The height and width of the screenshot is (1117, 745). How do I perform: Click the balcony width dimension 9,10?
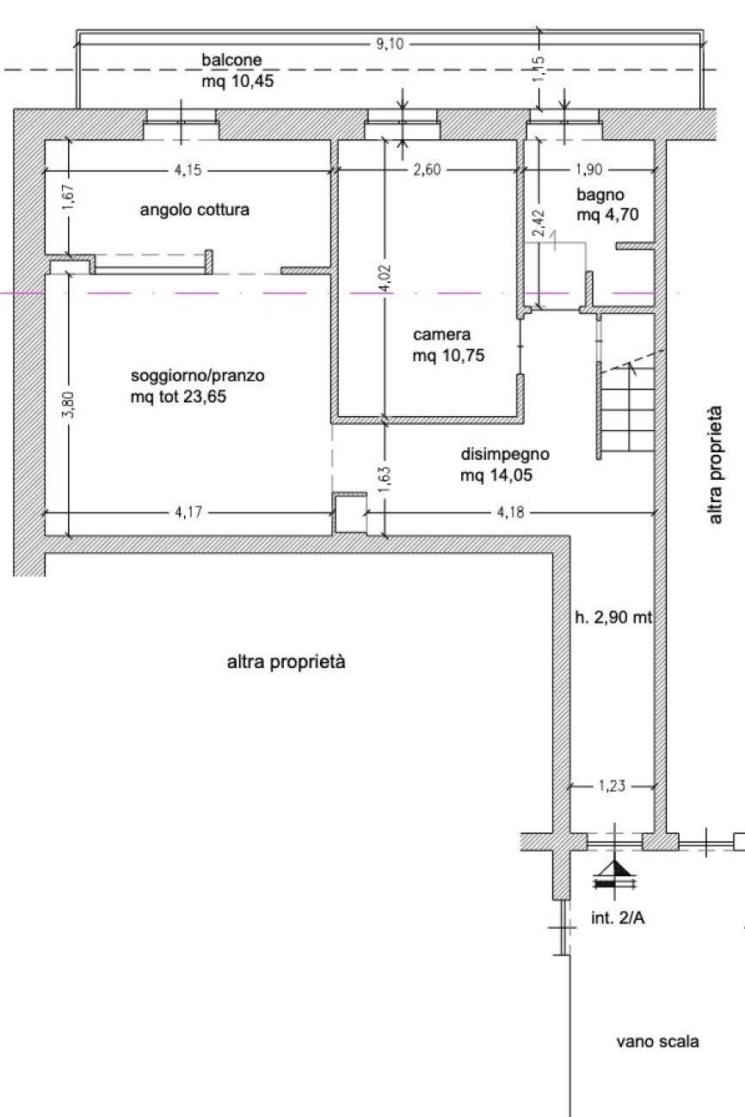389,45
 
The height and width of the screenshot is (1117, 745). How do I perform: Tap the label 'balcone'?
231,60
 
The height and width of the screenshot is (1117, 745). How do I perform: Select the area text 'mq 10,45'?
237,81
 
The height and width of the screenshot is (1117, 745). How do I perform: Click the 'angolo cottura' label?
194,210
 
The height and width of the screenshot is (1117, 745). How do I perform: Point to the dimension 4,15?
188,170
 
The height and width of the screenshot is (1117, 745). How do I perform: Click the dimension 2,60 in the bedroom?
428,170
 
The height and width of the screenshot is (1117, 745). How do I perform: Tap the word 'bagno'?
600,195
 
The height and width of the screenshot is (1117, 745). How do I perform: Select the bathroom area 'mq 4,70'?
607,215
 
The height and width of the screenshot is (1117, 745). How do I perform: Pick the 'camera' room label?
441,334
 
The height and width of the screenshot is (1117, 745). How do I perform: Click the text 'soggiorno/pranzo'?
198,376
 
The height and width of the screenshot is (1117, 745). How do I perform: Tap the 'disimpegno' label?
505,454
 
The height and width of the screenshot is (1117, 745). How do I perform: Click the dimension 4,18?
510,512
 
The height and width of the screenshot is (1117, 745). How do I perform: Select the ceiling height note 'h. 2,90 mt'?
613,618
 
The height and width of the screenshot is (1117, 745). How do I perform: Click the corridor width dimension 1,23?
612,786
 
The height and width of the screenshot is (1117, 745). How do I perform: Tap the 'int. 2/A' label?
618,918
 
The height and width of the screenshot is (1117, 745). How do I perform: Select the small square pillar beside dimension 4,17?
350,514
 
